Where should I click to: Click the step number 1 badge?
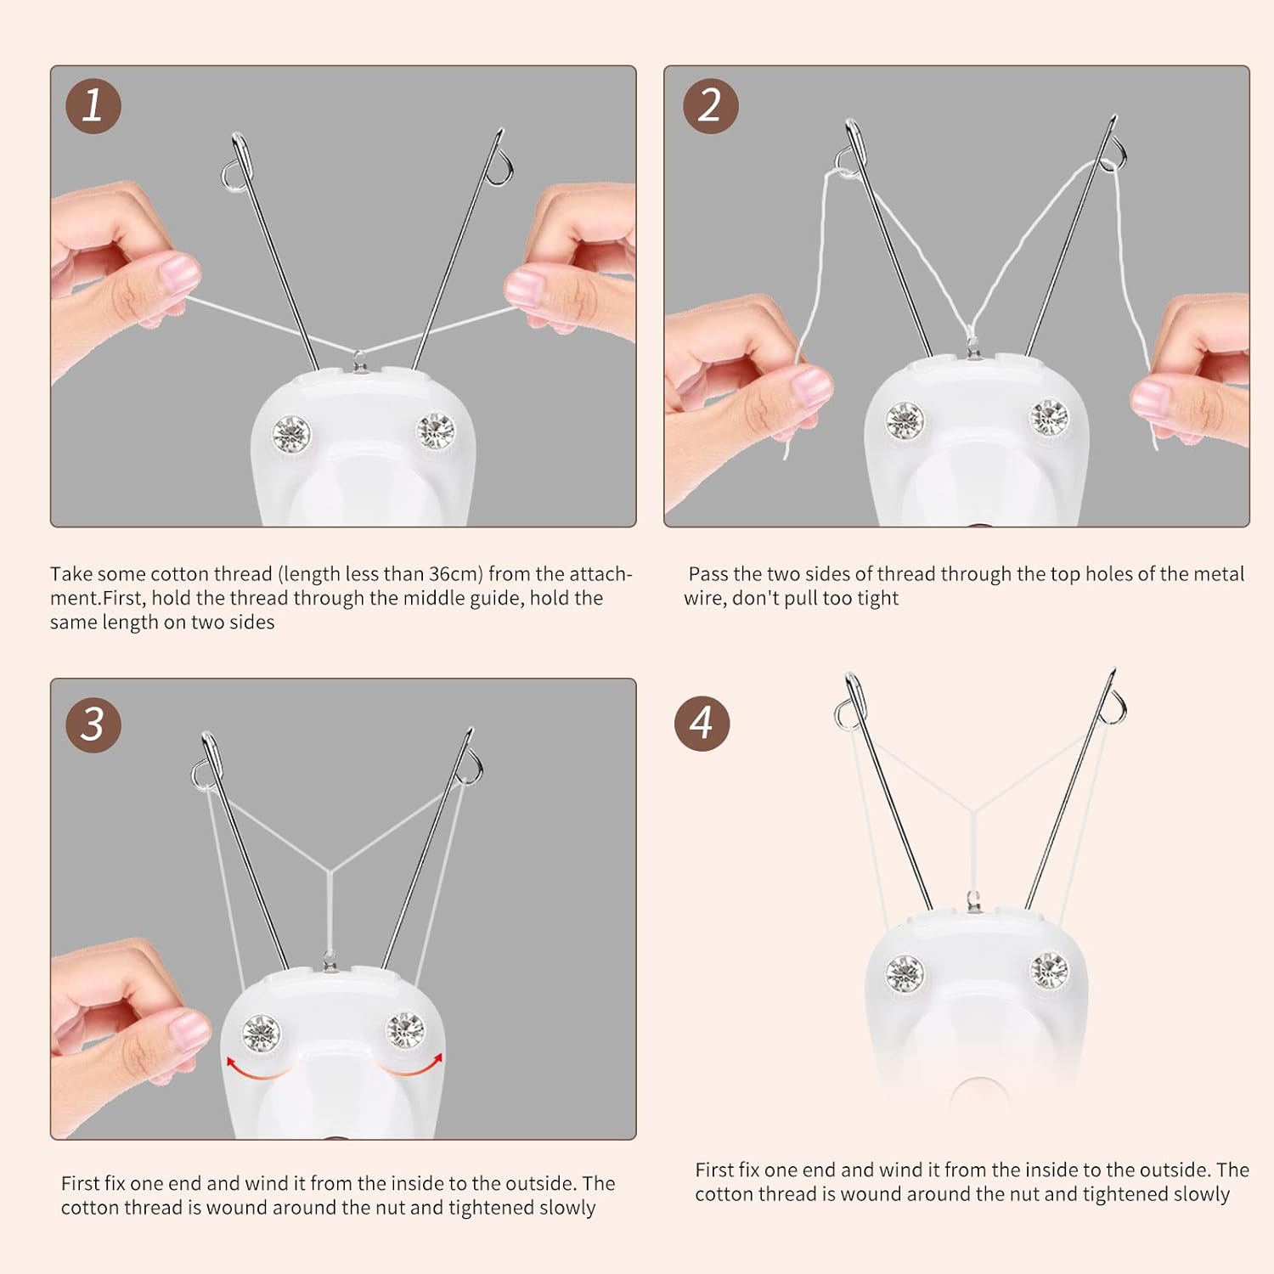(93, 106)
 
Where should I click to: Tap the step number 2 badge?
(710, 106)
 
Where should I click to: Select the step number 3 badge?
(93, 724)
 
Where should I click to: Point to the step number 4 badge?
(702, 723)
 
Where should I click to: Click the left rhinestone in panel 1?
(291, 433)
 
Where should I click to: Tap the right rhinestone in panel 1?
(436, 431)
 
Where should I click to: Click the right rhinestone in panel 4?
(1050, 971)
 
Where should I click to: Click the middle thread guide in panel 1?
(360, 360)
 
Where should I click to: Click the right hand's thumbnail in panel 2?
(1151, 399)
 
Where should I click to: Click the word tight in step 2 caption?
(877, 598)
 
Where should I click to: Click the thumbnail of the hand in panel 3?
(189, 1029)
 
